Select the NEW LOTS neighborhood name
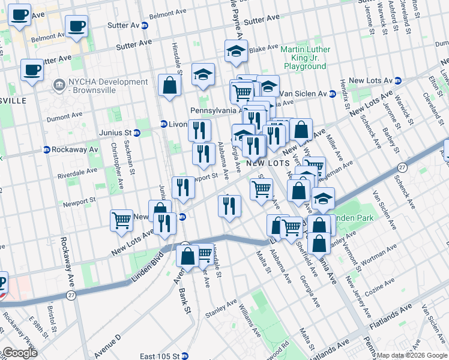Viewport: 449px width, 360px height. coord(268,163)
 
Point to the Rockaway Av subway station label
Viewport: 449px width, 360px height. coord(74,149)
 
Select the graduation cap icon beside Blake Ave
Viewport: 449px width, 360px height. coord(237,52)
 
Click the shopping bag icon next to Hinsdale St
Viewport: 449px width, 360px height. coord(170,85)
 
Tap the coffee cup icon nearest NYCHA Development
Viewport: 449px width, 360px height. coord(31,69)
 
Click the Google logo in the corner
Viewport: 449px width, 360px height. coord(20,353)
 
